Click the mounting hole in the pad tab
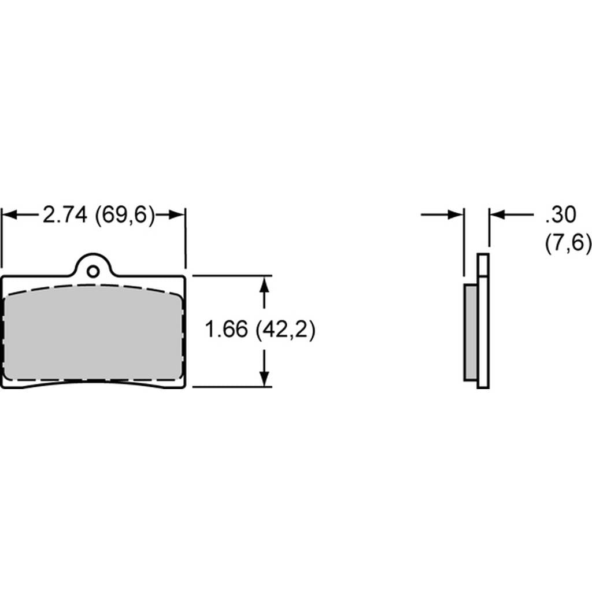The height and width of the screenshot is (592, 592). [x=93, y=271]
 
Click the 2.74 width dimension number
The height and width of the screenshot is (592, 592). [x=65, y=214]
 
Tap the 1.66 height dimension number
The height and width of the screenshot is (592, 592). [x=226, y=329]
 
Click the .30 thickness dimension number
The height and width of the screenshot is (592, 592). [x=560, y=214]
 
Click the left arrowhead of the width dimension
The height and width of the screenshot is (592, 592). [x=9, y=215]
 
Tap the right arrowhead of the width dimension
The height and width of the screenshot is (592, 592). [x=177, y=215]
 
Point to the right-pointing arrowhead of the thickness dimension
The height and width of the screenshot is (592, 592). [x=456, y=215]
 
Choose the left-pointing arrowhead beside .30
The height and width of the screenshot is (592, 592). [x=497, y=215]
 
